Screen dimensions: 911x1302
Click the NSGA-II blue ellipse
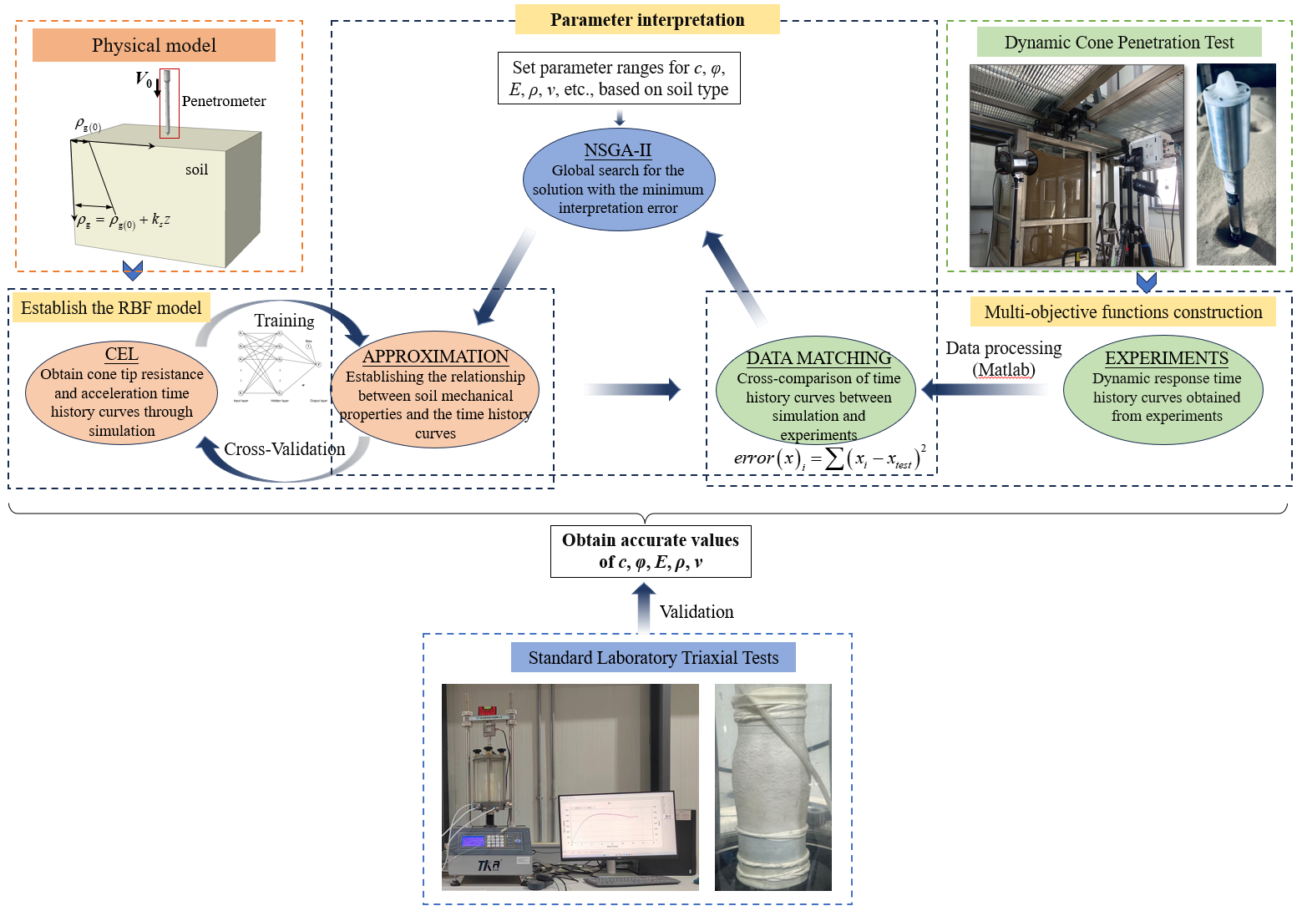coord(619,180)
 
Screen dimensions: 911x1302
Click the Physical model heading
coord(154,45)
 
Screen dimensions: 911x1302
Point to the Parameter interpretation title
coord(647,20)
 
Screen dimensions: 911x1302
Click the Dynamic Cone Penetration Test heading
coord(1118,43)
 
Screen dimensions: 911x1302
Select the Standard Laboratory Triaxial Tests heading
coord(653,658)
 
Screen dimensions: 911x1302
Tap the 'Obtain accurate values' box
coord(651,551)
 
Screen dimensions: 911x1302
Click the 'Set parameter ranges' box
coord(619,78)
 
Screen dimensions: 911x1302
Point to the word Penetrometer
coord(224,101)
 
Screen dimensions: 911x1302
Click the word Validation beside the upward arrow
coord(697,612)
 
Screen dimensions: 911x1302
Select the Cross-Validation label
coord(284,449)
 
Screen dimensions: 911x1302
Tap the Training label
coord(284,321)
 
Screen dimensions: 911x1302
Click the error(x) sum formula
coord(829,458)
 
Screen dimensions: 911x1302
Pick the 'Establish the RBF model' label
coord(111,308)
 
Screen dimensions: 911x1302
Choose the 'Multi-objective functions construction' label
coord(1122,312)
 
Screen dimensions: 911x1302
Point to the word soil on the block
coord(196,170)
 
